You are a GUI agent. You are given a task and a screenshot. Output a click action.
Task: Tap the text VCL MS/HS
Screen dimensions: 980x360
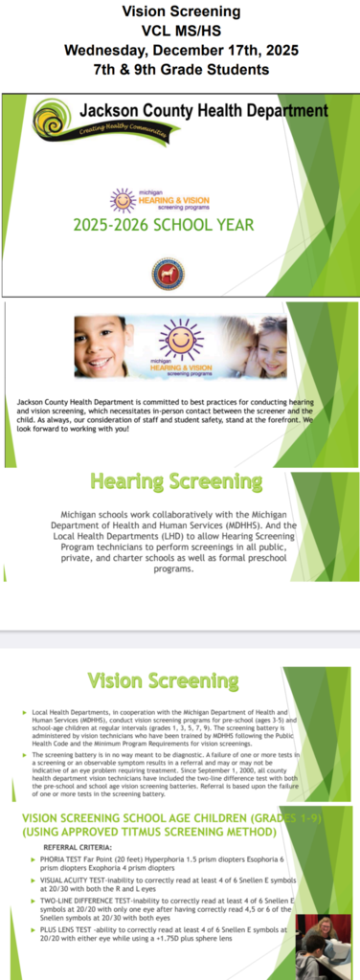[x=179, y=31]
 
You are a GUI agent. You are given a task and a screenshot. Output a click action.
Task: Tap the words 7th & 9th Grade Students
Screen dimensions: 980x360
[x=179, y=68]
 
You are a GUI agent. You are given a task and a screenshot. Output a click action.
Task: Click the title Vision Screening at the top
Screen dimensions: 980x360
[x=179, y=11]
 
